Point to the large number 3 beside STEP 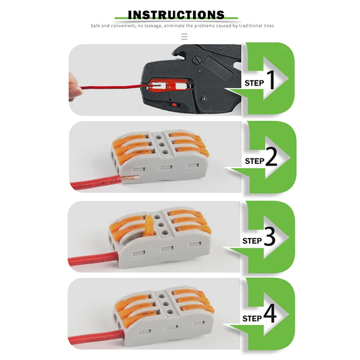pyautogui.click(x=270, y=238)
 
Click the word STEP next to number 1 pyautogui.click(x=254, y=83)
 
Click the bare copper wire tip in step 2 pyautogui.click(x=129, y=179)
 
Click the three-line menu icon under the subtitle pyautogui.click(x=184, y=37)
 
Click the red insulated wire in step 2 pyautogui.click(x=94, y=183)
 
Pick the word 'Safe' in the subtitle pyautogui.click(x=95, y=26)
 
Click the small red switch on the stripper pyautogui.click(x=175, y=104)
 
